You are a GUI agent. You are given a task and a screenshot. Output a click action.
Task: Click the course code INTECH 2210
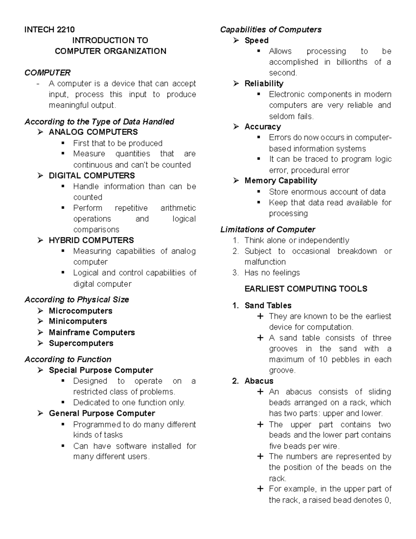(49, 30)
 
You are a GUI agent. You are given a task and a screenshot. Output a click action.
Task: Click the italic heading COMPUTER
(47, 73)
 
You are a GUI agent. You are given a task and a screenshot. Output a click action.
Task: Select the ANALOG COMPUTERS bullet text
(93, 132)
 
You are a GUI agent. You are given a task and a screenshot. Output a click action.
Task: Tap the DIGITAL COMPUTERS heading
(92, 176)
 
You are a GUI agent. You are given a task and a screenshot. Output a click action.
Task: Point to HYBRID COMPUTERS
(91, 240)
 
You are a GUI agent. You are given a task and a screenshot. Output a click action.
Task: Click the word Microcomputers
(80, 311)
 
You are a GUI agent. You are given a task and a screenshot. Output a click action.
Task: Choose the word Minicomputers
(78, 321)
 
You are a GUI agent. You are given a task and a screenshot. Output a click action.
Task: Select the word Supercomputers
(81, 343)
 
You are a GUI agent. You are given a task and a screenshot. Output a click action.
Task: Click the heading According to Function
(68, 359)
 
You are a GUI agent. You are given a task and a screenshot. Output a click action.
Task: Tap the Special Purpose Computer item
(101, 370)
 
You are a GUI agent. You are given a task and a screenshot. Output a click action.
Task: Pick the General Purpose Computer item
(102, 413)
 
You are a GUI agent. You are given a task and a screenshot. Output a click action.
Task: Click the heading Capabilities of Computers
(271, 30)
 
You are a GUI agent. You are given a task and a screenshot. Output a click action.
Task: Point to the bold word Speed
(257, 40)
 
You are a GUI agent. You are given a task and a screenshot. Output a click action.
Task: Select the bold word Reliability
(264, 84)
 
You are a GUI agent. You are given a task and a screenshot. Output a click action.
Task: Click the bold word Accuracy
(263, 127)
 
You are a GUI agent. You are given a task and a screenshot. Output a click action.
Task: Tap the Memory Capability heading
(281, 180)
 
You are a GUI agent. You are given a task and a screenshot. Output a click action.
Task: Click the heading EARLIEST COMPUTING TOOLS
(306, 289)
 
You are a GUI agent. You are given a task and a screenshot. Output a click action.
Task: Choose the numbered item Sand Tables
(268, 305)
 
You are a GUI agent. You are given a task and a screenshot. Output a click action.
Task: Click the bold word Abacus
(259, 381)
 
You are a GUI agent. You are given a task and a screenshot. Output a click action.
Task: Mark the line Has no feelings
(272, 273)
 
